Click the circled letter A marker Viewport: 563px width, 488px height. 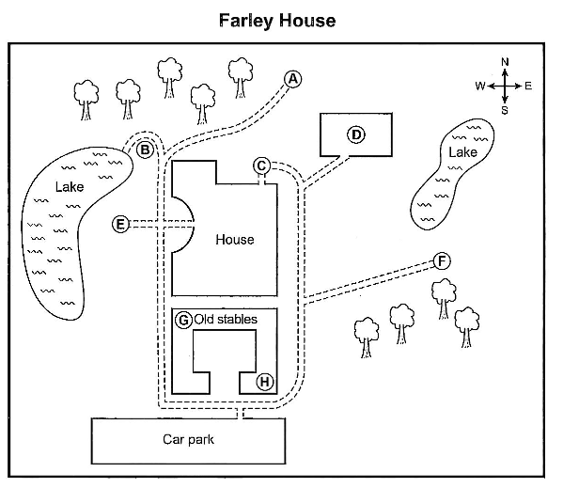pyautogui.click(x=292, y=79)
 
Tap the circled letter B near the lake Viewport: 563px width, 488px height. pyautogui.click(x=145, y=150)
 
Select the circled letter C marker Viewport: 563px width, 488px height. pyautogui.click(x=261, y=165)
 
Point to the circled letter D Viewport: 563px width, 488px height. pyautogui.click(x=356, y=134)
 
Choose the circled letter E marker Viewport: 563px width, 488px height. pyautogui.click(x=120, y=224)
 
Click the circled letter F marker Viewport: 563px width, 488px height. pyautogui.click(x=442, y=261)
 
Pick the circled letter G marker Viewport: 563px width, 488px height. pyautogui.click(x=183, y=320)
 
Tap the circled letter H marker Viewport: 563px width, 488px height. pyautogui.click(x=265, y=382)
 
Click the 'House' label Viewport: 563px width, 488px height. pyautogui.click(x=235, y=240)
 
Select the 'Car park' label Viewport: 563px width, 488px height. pyautogui.click(x=189, y=439)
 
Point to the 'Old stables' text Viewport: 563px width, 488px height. pyautogui.click(x=226, y=320)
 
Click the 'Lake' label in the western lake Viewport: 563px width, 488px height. pyautogui.click(x=70, y=187)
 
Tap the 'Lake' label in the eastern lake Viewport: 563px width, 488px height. pyautogui.click(x=462, y=152)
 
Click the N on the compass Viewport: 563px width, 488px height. pyautogui.click(x=505, y=62)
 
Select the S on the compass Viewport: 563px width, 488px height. pyautogui.click(x=505, y=111)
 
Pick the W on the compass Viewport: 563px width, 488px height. pyautogui.click(x=480, y=87)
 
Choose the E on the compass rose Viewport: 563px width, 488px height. pyautogui.click(x=528, y=87)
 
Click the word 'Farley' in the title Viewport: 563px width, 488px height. pyautogui.click(x=246, y=21)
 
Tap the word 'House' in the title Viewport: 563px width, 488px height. pyautogui.click(x=307, y=20)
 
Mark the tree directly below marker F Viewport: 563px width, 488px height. pyautogui.click(x=444, y=299)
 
